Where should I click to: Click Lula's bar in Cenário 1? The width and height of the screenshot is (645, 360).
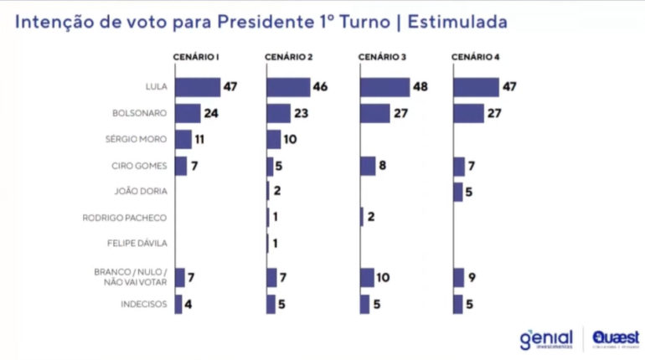pyautogui.click(x=197, y=87)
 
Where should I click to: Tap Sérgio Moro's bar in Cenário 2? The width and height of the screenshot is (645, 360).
pyautogui.click(x=273, y=139)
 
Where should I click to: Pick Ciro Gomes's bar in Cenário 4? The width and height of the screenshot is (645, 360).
pyautogui.click(x=458, y=166)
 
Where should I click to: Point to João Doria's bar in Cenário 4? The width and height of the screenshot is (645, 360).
pyautogui.click(x=457, y=192)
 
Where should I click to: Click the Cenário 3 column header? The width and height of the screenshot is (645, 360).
pyautogui.click(x=382, y=57)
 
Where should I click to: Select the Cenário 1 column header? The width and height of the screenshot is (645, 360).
pyautogui.click(x=196, y=57)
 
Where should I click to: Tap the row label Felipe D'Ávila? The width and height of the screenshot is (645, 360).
pyautogui.click(x=142, y=244)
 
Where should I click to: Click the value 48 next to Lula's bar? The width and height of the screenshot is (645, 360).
pyautogui.click(x=421, y=87)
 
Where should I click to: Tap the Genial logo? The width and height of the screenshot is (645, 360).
pyautogui.click(x=546, y=339)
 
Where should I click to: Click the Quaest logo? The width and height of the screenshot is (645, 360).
pyautogui.click(x=617, y=338)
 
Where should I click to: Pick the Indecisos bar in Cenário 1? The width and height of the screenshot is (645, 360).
pyautogui.click(x=178, y=304)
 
